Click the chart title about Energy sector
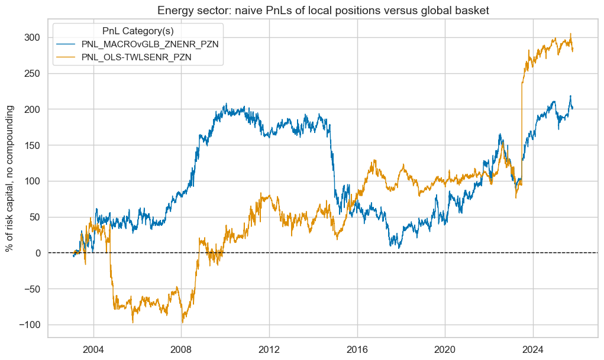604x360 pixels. pos(323,9)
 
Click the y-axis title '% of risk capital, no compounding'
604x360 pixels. pos(10,179)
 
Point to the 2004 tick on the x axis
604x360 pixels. pos(93,347)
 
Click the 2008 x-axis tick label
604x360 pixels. pos(181,347)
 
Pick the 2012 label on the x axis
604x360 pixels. pos(269,347)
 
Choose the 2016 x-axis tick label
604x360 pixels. pos(357,347)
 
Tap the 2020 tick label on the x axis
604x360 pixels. pos(445,347)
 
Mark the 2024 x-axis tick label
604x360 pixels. pos(532,347)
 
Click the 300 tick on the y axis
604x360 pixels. pos(33,37)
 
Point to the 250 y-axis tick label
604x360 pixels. pos(33,73)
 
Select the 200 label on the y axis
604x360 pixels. pos(33,109)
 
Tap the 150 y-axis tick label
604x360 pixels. pos(33,145)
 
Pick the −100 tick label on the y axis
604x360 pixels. pos(29,325)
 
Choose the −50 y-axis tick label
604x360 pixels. pos(31,289)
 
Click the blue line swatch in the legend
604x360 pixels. pos(67,44)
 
